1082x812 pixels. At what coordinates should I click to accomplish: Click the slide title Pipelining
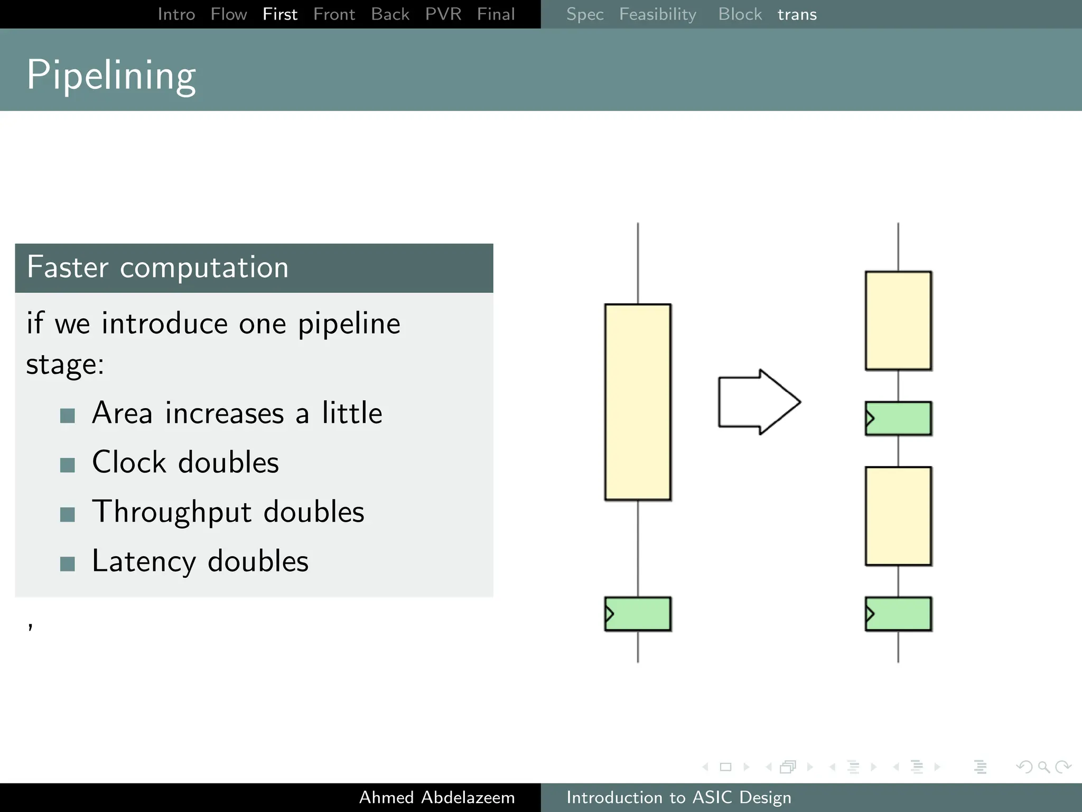[x=111, y=75]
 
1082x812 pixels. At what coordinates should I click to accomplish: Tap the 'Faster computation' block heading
[x=157, y=267]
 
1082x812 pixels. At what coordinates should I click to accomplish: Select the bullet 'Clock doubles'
[x=185, y=463]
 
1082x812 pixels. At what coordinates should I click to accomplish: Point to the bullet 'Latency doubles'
[x=200, y=561]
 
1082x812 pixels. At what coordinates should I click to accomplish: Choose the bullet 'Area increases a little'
[x=237, y=413]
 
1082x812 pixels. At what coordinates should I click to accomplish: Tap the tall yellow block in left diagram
[x=638, y=402]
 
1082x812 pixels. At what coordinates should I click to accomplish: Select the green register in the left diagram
[x=638, y=614]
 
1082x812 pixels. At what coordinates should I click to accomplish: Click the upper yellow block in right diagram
[x=898, y=320]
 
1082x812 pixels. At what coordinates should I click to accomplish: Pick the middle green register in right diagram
[x=898, y=418]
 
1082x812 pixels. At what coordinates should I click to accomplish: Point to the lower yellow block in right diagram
[x=898, y=516]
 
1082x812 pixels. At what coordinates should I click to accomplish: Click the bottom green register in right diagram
[x=898, y=614]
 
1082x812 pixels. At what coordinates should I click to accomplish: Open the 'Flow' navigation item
[x=228, y=14]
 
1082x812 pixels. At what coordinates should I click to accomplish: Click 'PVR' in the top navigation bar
[x=443, y=14]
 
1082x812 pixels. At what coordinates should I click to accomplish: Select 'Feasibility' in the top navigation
[x=657, y=14]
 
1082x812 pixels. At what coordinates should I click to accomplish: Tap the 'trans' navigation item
[x=797, y=14]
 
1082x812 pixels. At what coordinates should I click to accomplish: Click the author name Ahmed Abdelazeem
[x=436, y=797]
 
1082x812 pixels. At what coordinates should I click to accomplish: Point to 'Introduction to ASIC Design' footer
[x=678, y=797]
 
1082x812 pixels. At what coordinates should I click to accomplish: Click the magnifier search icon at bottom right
[x=1043, y=767]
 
